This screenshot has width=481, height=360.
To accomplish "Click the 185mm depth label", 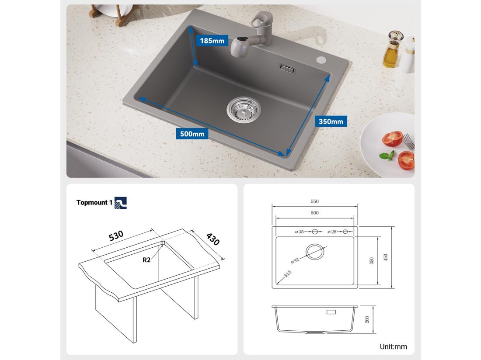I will pos(212,41).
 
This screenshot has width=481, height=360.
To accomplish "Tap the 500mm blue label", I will pos(192,134).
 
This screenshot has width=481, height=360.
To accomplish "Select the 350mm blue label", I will pos(331,121).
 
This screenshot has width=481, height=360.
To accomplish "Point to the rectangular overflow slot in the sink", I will pos(287,68).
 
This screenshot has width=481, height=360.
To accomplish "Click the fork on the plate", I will pos(408,141).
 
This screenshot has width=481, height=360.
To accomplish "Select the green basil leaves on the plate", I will pos(387,155).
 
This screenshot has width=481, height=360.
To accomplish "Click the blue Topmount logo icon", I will pos(120,203).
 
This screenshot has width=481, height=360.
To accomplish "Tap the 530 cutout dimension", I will pos(116,235).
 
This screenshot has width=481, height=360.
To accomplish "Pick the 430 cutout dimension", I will pos(213,239).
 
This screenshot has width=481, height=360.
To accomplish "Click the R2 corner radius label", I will pos(146,260).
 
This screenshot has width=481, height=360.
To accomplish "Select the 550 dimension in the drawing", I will pos(315,201).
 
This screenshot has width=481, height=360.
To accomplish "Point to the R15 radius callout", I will pos(287,274).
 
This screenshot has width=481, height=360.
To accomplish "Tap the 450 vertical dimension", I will pos(385,258).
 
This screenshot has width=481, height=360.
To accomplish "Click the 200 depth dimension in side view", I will pos(367,319).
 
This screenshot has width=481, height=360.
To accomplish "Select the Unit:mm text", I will pos(393,347).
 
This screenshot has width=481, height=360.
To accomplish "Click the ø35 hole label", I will pos(300,232).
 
